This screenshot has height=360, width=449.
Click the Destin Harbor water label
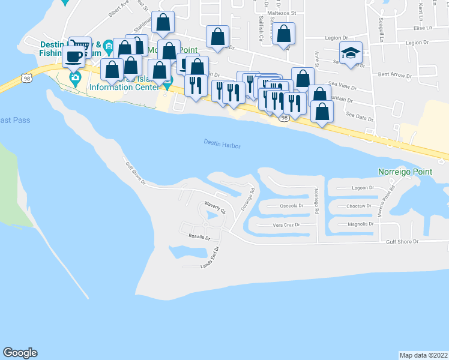tap(221, 143)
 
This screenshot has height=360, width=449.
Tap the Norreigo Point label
tap(405, 172)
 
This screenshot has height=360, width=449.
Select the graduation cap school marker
tap(351, 54)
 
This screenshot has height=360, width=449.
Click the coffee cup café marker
tap(74, 57)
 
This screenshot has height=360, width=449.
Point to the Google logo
tap(20, 353)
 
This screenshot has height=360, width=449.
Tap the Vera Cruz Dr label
tap(286, 225)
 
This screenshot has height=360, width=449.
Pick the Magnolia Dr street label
tap(361, 224)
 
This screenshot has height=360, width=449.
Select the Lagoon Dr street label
tap(363, 188)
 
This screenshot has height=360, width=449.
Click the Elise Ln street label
tap(423, 28)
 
